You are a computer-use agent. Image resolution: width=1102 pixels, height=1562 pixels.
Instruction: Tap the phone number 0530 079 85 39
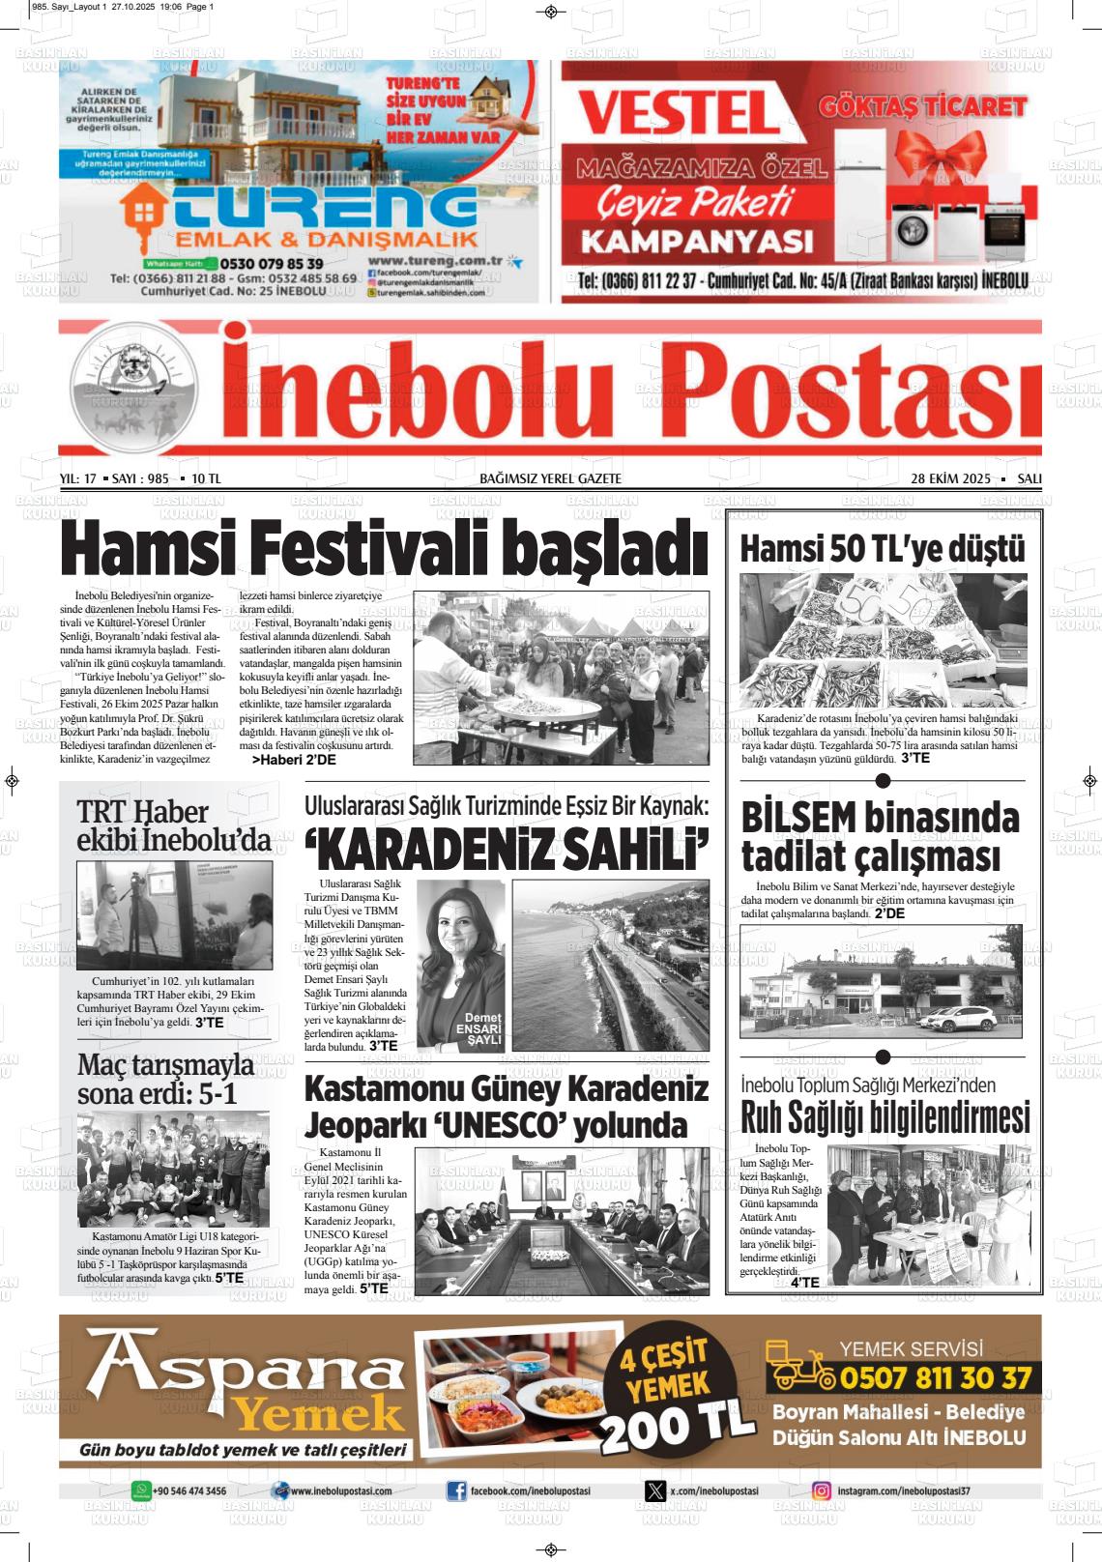[x=272, y=263]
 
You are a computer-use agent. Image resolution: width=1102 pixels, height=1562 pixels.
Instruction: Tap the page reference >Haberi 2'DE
[x=294, y=761]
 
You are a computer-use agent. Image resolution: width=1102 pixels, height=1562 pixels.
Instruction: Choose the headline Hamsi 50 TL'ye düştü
[x=881, y=549]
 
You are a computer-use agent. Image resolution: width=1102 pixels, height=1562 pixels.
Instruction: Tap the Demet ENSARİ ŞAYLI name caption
[x=484, y=1030]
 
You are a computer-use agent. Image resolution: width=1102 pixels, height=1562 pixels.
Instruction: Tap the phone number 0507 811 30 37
[x=935, y=1377]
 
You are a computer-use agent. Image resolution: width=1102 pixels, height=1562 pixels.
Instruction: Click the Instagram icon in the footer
[x=822, y=1491]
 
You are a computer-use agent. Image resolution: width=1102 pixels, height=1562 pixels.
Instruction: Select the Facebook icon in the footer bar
[x=455, y=1491]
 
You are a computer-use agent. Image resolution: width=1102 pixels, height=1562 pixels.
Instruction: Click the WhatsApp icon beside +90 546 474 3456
[x=141, y=1490]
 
